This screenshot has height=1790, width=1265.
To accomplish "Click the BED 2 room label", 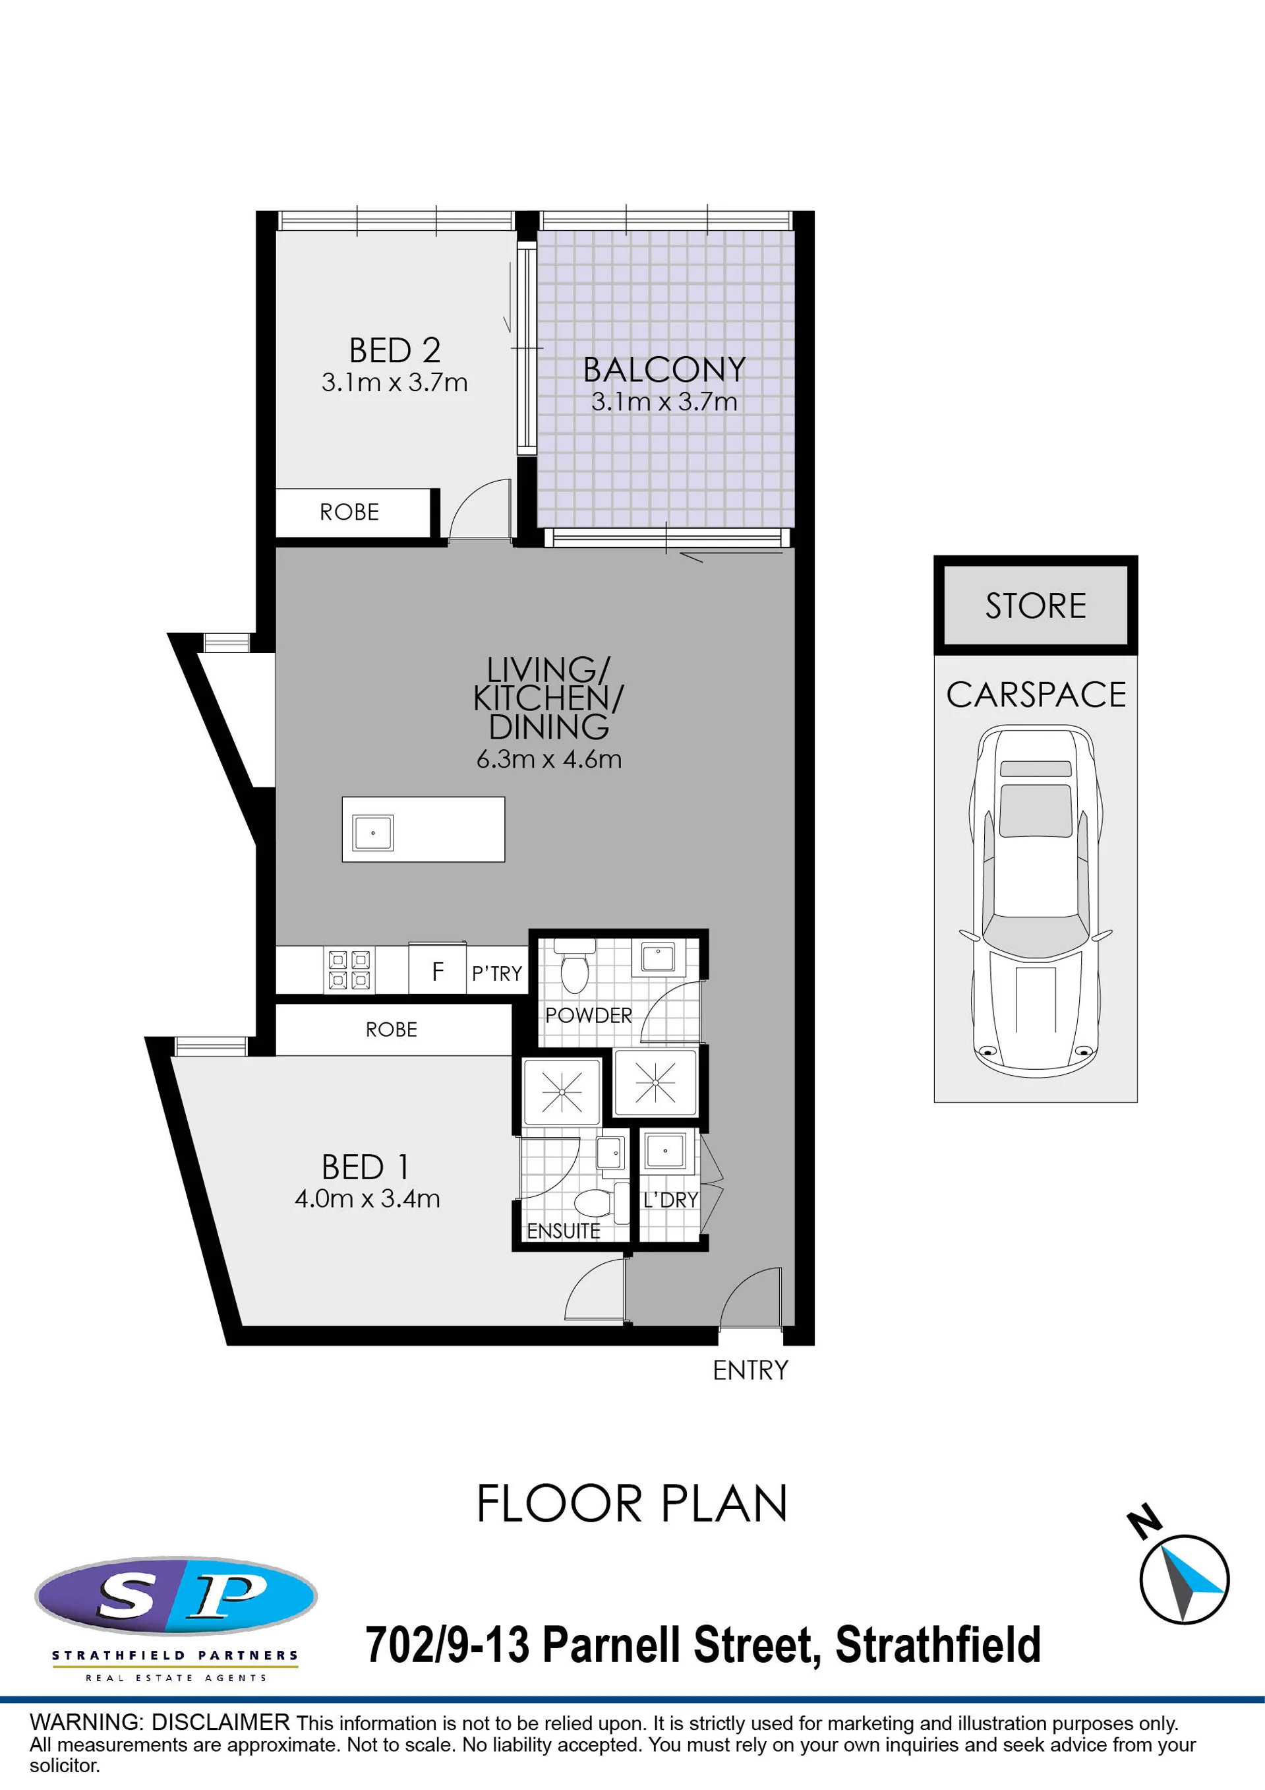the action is (394, 351).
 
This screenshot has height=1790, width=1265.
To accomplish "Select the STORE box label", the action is (1035, 605).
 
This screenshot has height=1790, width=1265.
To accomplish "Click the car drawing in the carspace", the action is (1035, 901).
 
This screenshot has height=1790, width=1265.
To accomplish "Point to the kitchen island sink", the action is (372, 832).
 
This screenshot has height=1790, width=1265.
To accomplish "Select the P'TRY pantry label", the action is (496, 973).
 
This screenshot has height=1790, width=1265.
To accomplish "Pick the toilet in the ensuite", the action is (602, 1204).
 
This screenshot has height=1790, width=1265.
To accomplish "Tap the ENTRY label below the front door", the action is (751, 1370).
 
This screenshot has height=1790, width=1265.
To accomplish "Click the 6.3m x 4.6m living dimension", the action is (548, 759).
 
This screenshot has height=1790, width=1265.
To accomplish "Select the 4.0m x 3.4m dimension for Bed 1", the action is (367, 1198).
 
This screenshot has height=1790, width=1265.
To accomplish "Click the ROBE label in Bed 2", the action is (349, 512).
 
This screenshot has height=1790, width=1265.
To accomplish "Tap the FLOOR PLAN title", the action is (632, 1504).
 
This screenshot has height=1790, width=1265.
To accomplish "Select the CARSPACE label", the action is (1036, 694).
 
